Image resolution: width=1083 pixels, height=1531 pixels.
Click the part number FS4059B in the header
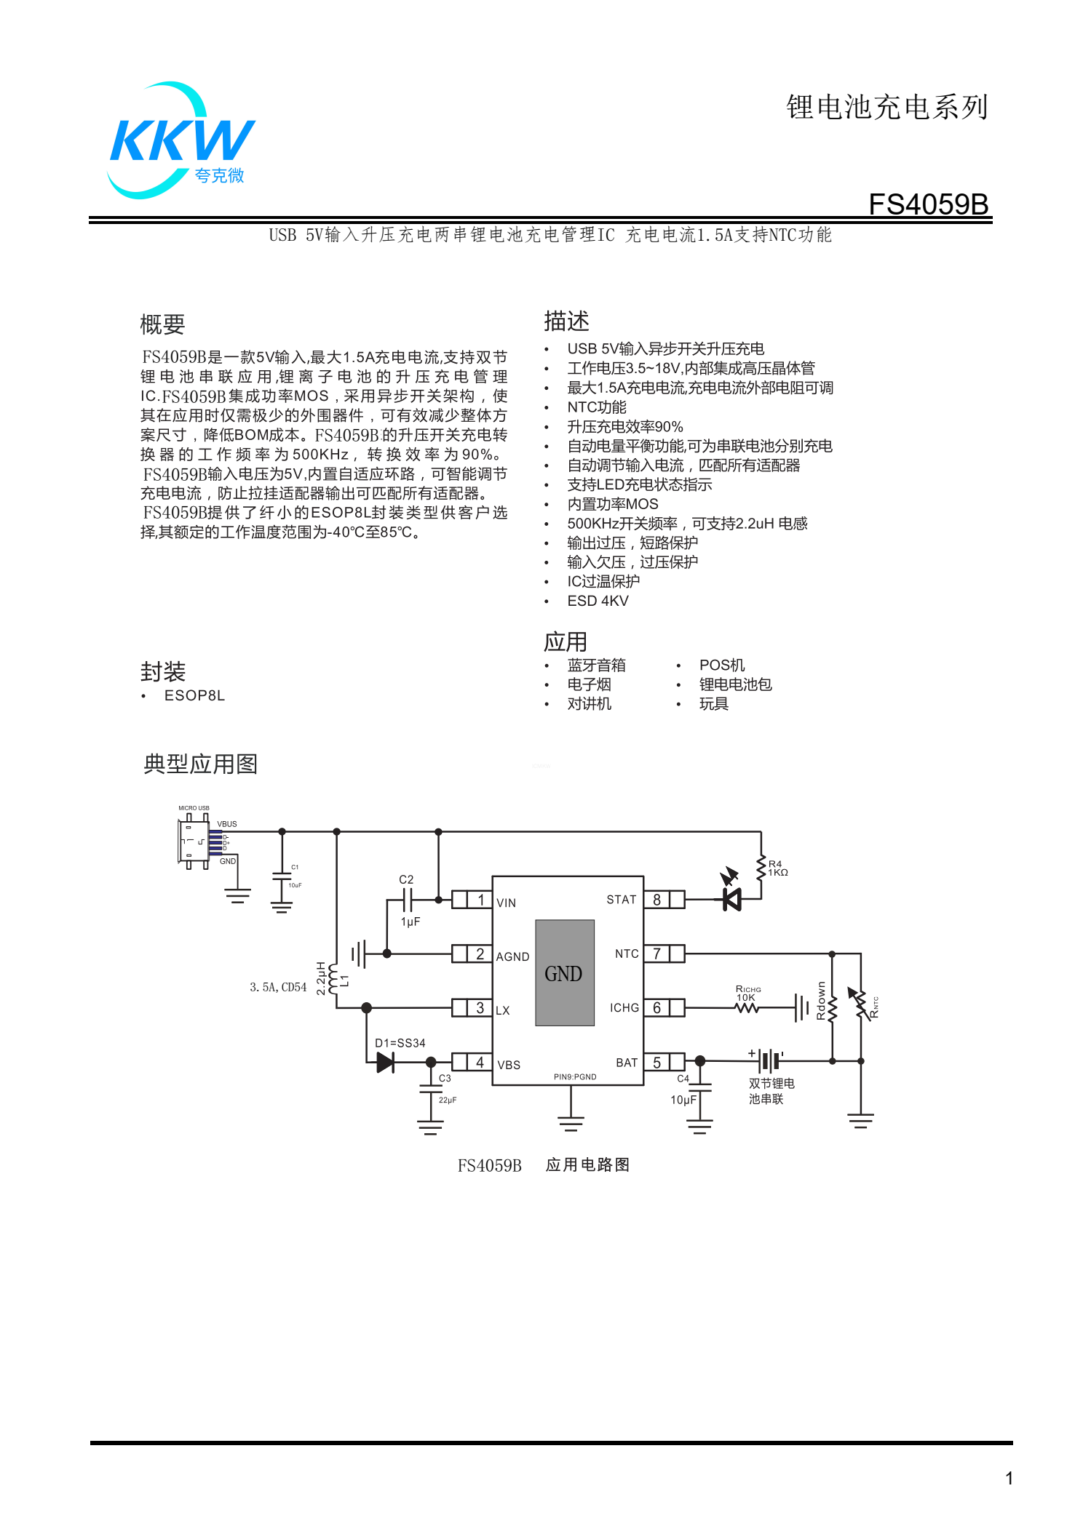(x=929, y=204)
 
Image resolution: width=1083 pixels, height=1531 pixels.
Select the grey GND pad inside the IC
(x=565, y=973)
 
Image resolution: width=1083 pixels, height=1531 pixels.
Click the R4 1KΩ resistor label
(x=778, y=868)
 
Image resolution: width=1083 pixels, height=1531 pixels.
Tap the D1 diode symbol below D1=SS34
(x=386, y=1063)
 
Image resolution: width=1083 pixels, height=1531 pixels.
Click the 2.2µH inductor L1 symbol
(x=333, y=979)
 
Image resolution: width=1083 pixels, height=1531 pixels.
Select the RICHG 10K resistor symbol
(x=747, y=1007)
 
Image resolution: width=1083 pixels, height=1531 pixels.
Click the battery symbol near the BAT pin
(x=769, y=1060)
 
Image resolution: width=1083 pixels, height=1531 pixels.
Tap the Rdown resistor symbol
(x=832, y=1007)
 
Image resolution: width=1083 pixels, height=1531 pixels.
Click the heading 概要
(x=162, y=324)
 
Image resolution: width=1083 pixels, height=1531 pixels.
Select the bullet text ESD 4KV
(x=598, y=601)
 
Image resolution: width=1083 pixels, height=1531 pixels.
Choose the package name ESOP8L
(x=194, y=695)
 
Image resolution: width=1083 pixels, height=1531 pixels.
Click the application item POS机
(x=722, y=665)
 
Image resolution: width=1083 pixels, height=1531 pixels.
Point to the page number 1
(x=1009, y=1478)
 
